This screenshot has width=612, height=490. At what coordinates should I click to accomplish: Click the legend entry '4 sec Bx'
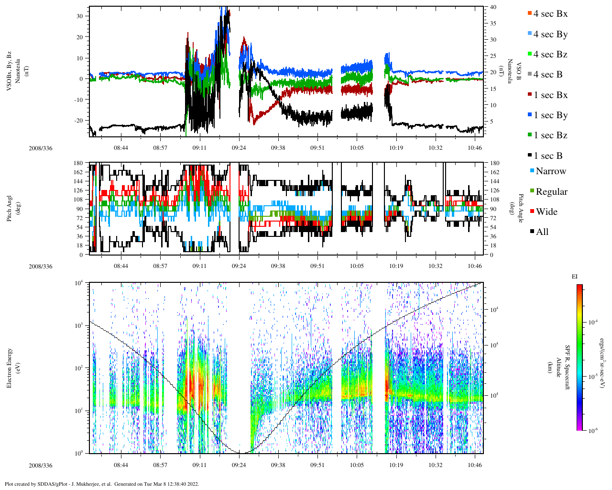pos(550,14)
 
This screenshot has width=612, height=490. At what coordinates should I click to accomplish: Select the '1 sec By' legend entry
pos(550,115)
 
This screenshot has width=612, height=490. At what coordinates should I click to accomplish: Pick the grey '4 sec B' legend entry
pos(547,75)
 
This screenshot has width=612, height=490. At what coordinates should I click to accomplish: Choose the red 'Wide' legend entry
pos(546,212)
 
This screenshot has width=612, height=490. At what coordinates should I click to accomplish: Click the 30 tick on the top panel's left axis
pos(79,16)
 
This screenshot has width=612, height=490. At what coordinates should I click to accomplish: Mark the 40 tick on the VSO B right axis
pos(492,7)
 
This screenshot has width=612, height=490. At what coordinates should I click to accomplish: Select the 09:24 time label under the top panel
pos(239,148)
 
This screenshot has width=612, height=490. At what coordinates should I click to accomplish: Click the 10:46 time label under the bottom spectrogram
pos(475,465)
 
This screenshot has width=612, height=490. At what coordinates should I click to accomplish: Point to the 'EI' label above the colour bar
pos(575,277)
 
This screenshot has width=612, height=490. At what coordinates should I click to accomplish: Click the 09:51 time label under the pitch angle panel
pos(317,267)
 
